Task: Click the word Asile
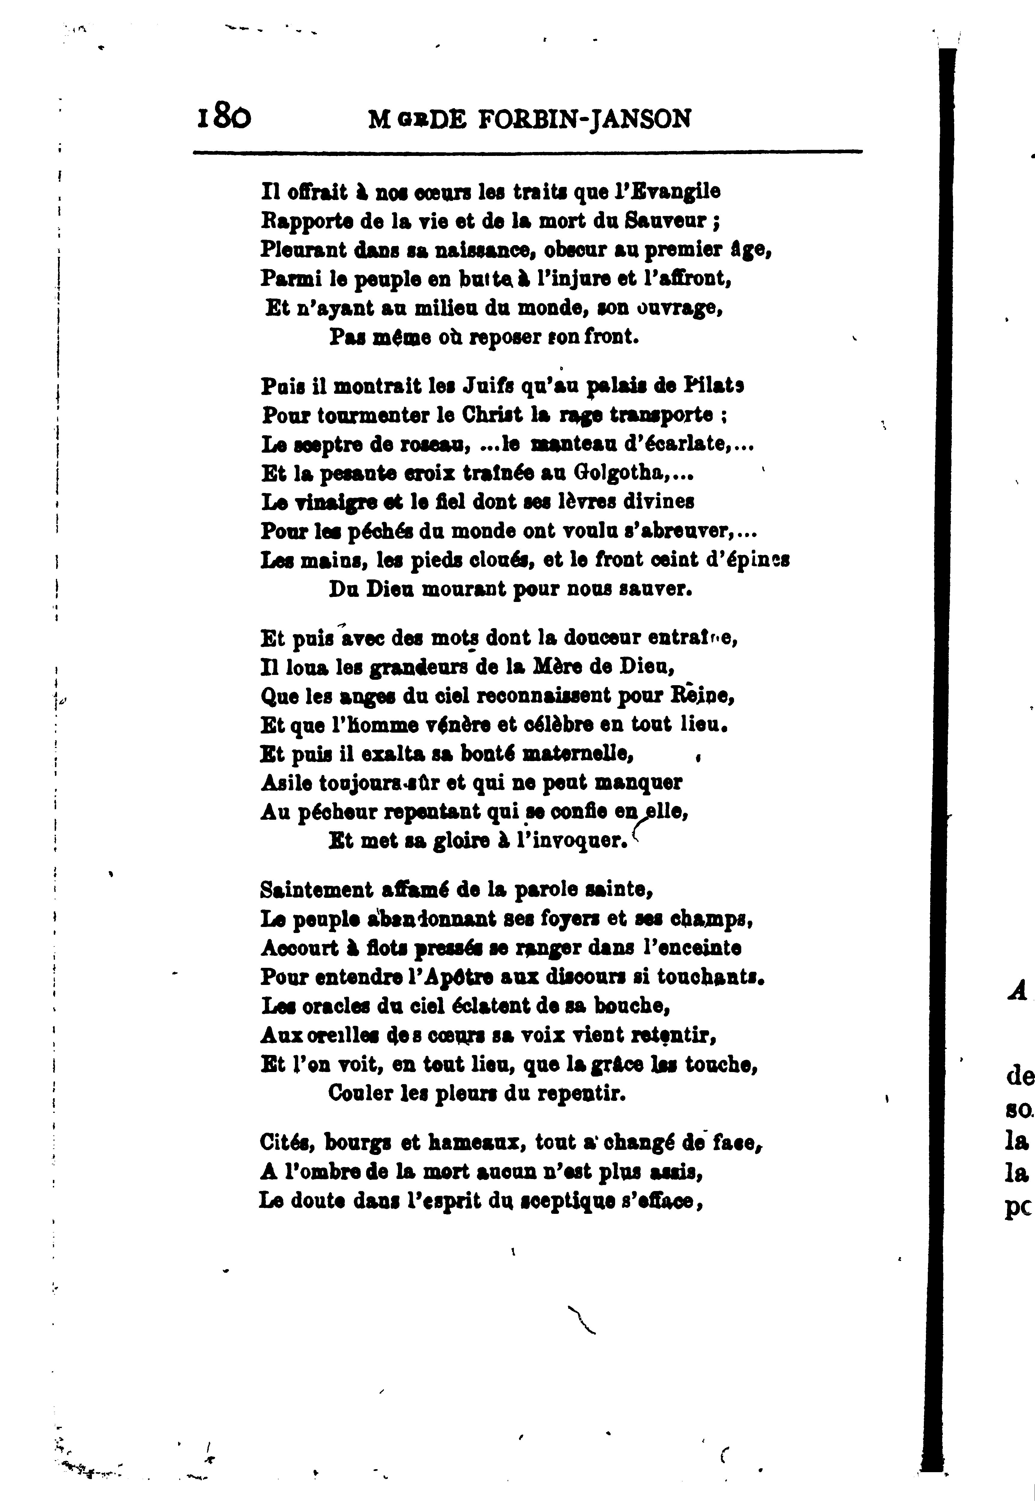tap(285, 783)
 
